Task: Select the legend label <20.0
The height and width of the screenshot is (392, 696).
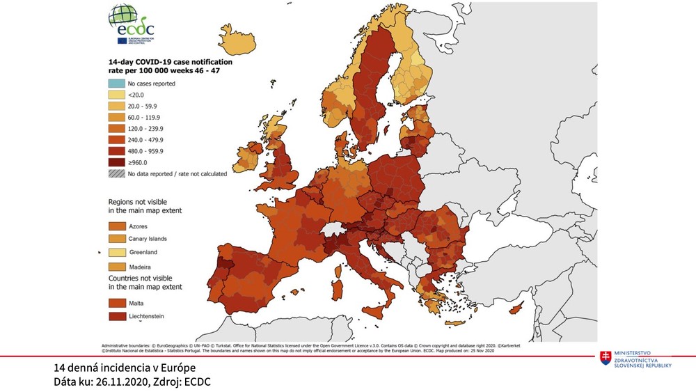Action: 136,94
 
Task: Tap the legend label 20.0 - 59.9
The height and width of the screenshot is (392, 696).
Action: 145,105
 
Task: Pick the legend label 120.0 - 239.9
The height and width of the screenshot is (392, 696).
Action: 148,128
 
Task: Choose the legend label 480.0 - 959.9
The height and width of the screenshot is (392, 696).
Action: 148,150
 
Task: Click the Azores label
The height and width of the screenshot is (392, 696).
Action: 139,227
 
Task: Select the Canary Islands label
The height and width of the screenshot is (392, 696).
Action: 148,239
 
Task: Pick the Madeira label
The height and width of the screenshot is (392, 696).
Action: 140,267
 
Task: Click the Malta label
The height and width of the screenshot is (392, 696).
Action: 136,304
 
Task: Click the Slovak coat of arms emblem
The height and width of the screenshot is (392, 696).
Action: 607,358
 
